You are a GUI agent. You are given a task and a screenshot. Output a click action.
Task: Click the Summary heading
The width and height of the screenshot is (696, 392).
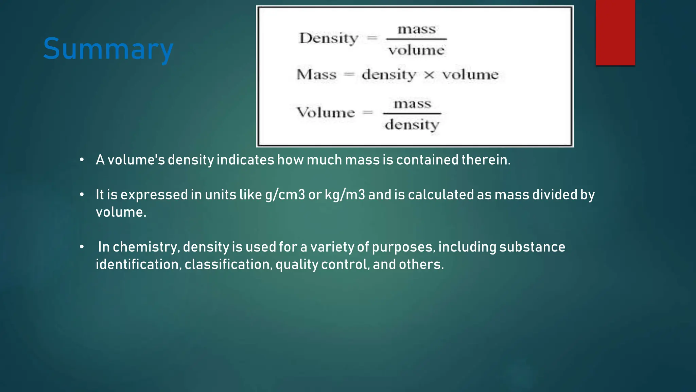click(108, 49)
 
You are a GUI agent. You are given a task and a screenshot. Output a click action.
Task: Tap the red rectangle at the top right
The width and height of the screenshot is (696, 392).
click(615, 32)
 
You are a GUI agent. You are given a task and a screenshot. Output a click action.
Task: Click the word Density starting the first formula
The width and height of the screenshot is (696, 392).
click(328, 38)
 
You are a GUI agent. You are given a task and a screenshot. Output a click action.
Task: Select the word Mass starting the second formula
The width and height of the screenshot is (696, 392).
click(316, 75)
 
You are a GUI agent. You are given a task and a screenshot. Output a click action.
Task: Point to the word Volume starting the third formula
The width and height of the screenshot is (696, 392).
click(326, 112)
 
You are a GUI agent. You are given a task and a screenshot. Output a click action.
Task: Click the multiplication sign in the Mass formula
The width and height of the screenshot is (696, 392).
click(429, 75)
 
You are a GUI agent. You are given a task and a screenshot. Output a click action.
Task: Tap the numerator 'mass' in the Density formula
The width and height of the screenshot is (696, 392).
click(417, 29)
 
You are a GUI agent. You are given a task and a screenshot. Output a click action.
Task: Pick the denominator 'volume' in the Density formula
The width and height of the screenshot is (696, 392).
click(416, 51)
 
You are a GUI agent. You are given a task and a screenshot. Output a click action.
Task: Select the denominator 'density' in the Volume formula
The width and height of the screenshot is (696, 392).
click(412, 125)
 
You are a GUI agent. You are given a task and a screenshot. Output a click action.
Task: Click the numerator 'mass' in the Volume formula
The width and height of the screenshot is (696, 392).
click(412, 103)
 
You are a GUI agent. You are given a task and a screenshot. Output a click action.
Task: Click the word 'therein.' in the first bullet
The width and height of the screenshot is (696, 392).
click(486, 160)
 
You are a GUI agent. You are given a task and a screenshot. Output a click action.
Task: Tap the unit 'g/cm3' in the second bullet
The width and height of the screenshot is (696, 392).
click(285, 195)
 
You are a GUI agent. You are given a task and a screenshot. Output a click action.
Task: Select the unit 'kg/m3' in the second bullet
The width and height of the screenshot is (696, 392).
click(345, 195)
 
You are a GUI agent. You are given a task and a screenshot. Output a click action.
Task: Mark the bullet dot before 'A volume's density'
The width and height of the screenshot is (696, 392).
click(82, 160)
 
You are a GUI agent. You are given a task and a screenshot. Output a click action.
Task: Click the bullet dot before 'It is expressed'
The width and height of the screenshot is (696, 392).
click(82, 195)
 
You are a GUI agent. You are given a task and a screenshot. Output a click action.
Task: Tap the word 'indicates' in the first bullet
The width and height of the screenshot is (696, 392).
click(245, 160)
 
